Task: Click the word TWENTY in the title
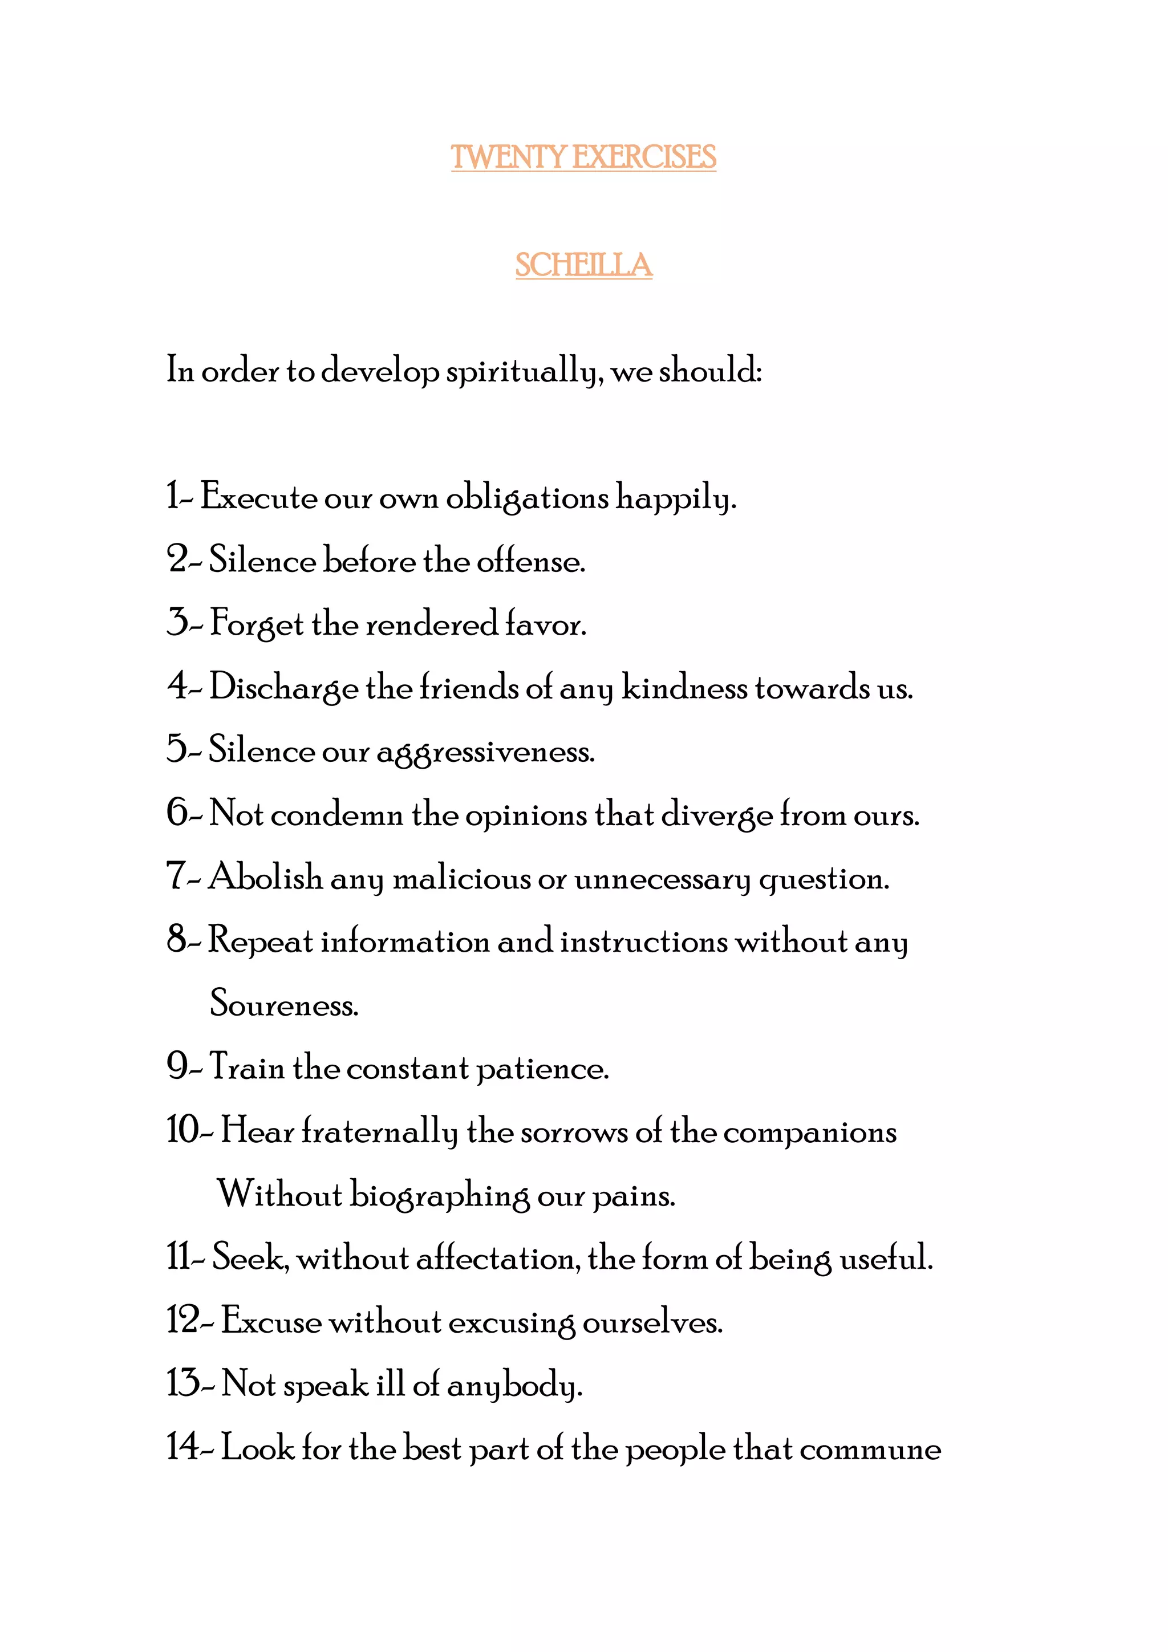509,157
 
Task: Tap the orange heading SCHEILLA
583,266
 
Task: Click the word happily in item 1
676,498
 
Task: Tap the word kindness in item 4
684,688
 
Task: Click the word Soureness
283,1004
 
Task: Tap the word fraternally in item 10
379,1132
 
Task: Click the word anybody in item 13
514,1386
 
